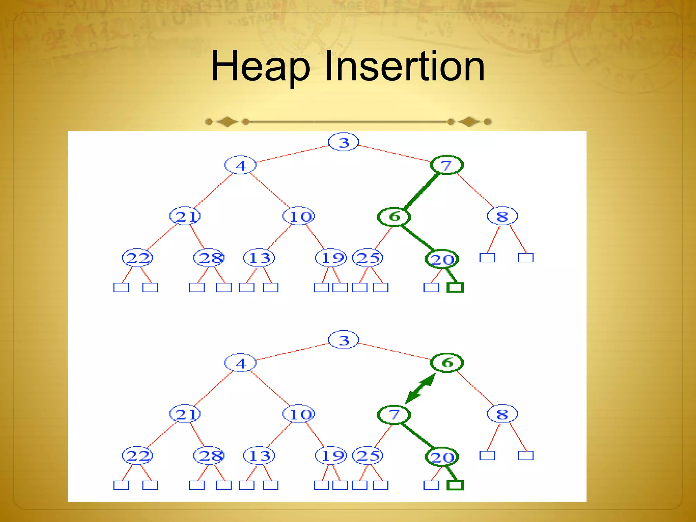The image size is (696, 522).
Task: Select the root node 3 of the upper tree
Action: [x=344, y=142]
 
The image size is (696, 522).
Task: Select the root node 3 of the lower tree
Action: [x=344, y=340]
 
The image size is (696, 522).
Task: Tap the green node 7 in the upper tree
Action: [x=447, y=165]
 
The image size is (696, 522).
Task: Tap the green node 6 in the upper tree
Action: [x=394, y=216]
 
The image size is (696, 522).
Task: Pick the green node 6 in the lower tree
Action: [x=447, y=363]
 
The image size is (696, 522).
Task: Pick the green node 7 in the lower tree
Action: [x=394, y=414]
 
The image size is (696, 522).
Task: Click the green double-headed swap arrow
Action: [x=421, y=388]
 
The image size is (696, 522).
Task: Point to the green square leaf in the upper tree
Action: [x=455, y=288]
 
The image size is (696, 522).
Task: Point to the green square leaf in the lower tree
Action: [x=455, y=485]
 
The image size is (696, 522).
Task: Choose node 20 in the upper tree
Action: [x=442, y=259]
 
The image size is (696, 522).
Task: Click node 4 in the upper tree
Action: [x=240, y=165]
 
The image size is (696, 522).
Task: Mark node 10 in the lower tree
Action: [x=299, y=414]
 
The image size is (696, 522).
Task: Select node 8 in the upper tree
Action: [x=502, y=216]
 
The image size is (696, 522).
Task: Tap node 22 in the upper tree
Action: [x=137, y=258]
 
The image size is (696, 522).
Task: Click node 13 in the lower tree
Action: [x=259, y=456]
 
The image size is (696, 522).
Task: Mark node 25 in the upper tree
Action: [x=368, y=258]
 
